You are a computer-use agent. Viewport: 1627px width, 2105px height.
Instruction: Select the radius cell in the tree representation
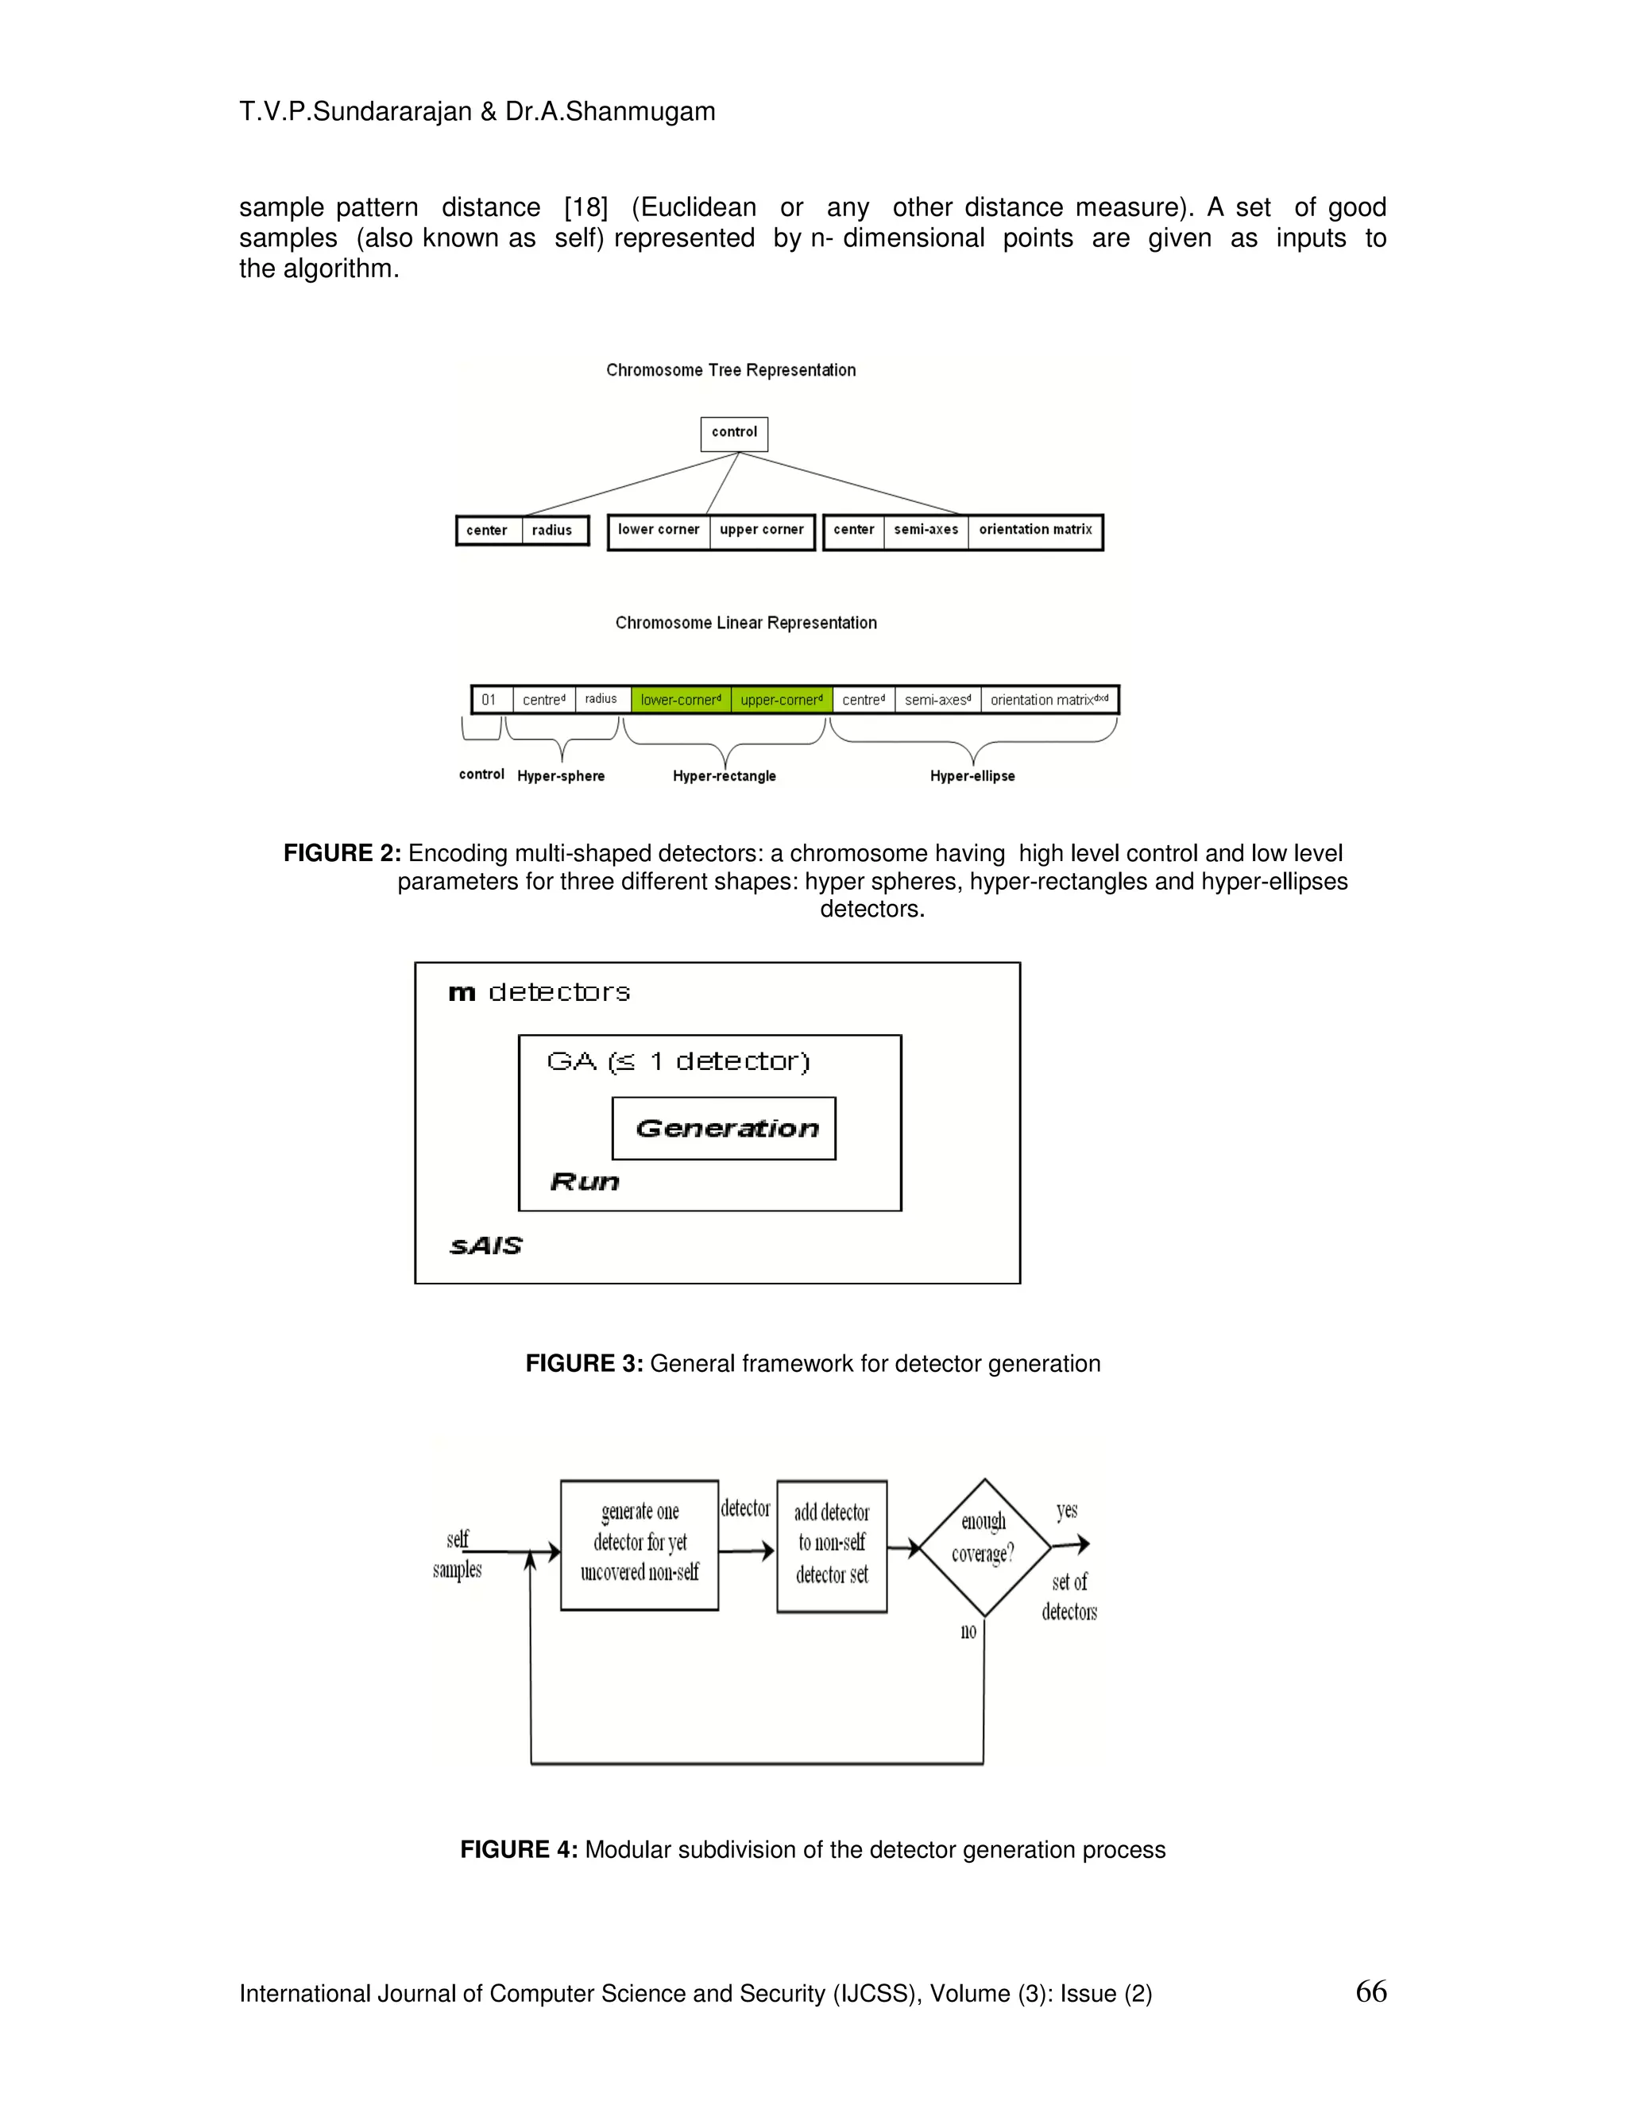click(552, 530)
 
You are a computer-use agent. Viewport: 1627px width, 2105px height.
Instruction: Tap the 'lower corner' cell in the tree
click(659, 530)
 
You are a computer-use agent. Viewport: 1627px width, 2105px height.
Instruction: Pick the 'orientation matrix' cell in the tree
click(1035, 530)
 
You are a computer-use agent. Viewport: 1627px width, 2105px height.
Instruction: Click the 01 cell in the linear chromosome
click(489, 700)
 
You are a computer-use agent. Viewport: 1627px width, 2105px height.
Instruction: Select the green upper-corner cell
click(781, 700)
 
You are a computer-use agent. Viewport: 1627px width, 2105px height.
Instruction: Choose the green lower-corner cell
click(681, 700)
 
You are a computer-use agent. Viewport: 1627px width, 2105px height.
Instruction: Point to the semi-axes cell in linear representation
click(937, 700)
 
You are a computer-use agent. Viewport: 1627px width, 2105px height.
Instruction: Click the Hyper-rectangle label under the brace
click(724, 776)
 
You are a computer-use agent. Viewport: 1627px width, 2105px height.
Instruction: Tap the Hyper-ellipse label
click(972, 776)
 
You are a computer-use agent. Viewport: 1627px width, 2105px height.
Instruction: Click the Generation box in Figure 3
click(724, 1128)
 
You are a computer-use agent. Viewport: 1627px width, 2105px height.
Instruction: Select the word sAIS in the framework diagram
click(485, 1246)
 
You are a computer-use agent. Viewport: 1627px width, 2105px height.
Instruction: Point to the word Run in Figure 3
click(584, 1182)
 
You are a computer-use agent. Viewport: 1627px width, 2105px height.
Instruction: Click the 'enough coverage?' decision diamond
click(984, 1547)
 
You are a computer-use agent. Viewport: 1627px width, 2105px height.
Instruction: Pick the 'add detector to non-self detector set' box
click(832, 1546)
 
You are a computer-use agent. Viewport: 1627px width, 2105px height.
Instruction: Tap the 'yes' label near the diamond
click(1066, 1510)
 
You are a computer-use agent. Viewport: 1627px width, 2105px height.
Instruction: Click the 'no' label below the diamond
click(968, 1631)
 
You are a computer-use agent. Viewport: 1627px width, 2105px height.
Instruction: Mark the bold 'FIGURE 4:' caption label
click(519, 1849)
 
